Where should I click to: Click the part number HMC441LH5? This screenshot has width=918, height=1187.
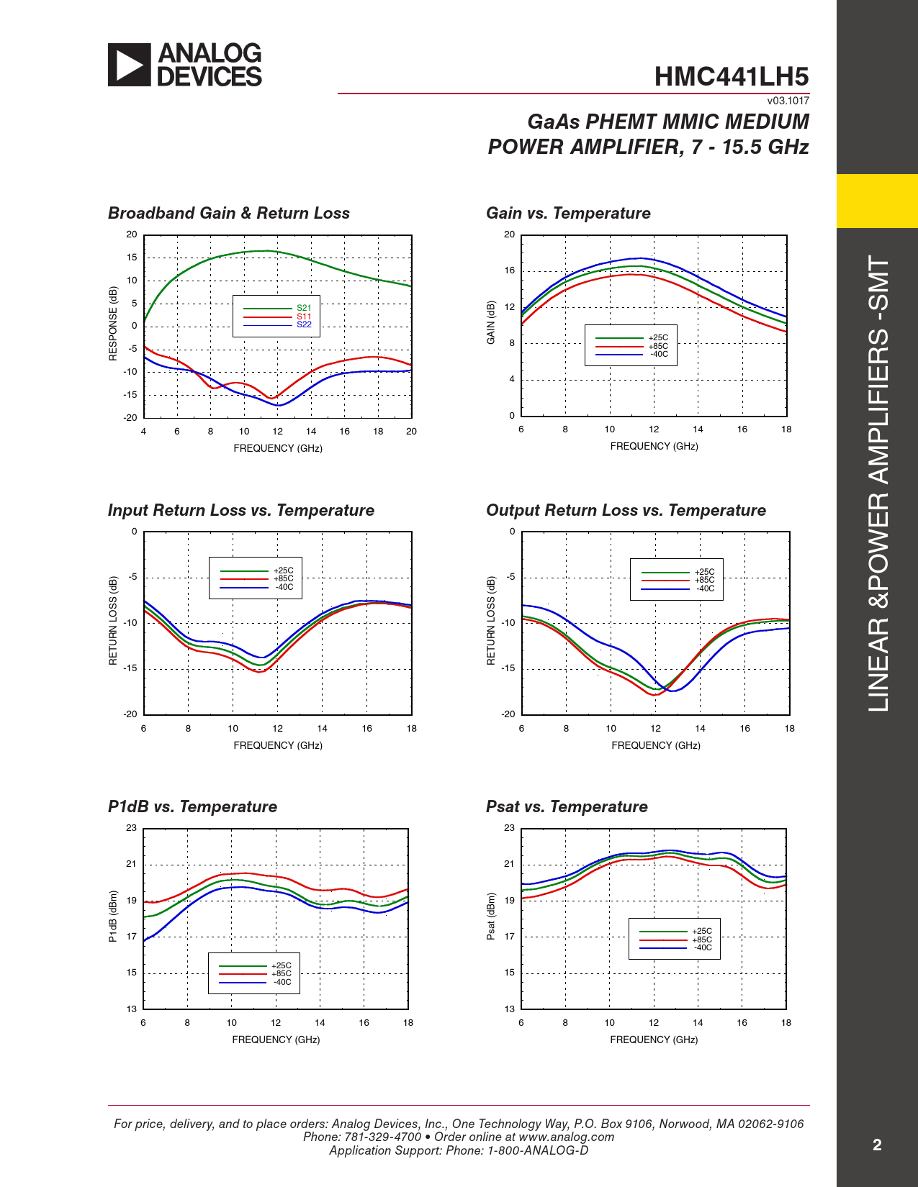coord(732,77)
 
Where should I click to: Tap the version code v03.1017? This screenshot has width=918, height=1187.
coord(788,101)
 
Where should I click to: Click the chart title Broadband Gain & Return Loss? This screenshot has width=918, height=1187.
coord(229,213)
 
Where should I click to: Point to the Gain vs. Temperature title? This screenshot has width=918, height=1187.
coord(568,213)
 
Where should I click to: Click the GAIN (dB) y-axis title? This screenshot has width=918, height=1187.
coord(491,322)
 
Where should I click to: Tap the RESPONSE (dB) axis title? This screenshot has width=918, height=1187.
coord(113,324)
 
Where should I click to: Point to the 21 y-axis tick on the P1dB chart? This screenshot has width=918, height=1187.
coord(131,864)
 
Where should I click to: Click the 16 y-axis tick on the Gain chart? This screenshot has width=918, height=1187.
coord(510,270)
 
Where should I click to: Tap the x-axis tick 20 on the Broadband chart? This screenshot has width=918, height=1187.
coord(411,432)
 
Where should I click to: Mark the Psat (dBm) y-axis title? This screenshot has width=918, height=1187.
coord(491,917)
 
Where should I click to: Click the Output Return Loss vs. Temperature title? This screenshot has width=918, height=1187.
coord(626,510)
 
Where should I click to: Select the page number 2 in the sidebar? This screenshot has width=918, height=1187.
coord(877,1145)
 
